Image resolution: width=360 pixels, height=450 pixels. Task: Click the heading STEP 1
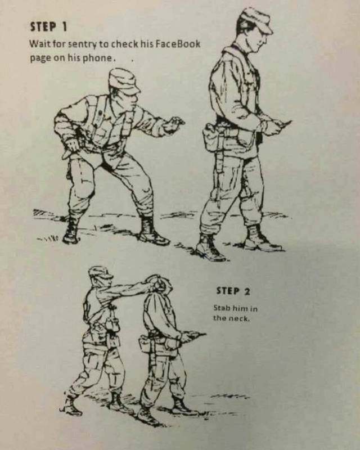click(48, 26)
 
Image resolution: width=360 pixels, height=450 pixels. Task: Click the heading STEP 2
click(233, 291)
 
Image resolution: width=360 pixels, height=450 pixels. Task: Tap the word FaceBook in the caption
click(178, 44)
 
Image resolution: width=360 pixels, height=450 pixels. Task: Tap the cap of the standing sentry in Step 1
click(255, 20)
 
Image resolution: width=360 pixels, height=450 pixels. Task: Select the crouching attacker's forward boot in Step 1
click(151, 231)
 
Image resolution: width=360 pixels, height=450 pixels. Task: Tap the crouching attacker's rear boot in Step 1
click(71, 231)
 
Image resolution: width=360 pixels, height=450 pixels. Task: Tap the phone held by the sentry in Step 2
click(197, 334)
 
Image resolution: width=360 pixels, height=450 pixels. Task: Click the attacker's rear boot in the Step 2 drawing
click(70, 406)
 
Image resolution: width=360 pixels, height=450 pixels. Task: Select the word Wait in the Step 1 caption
click(38, 44)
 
